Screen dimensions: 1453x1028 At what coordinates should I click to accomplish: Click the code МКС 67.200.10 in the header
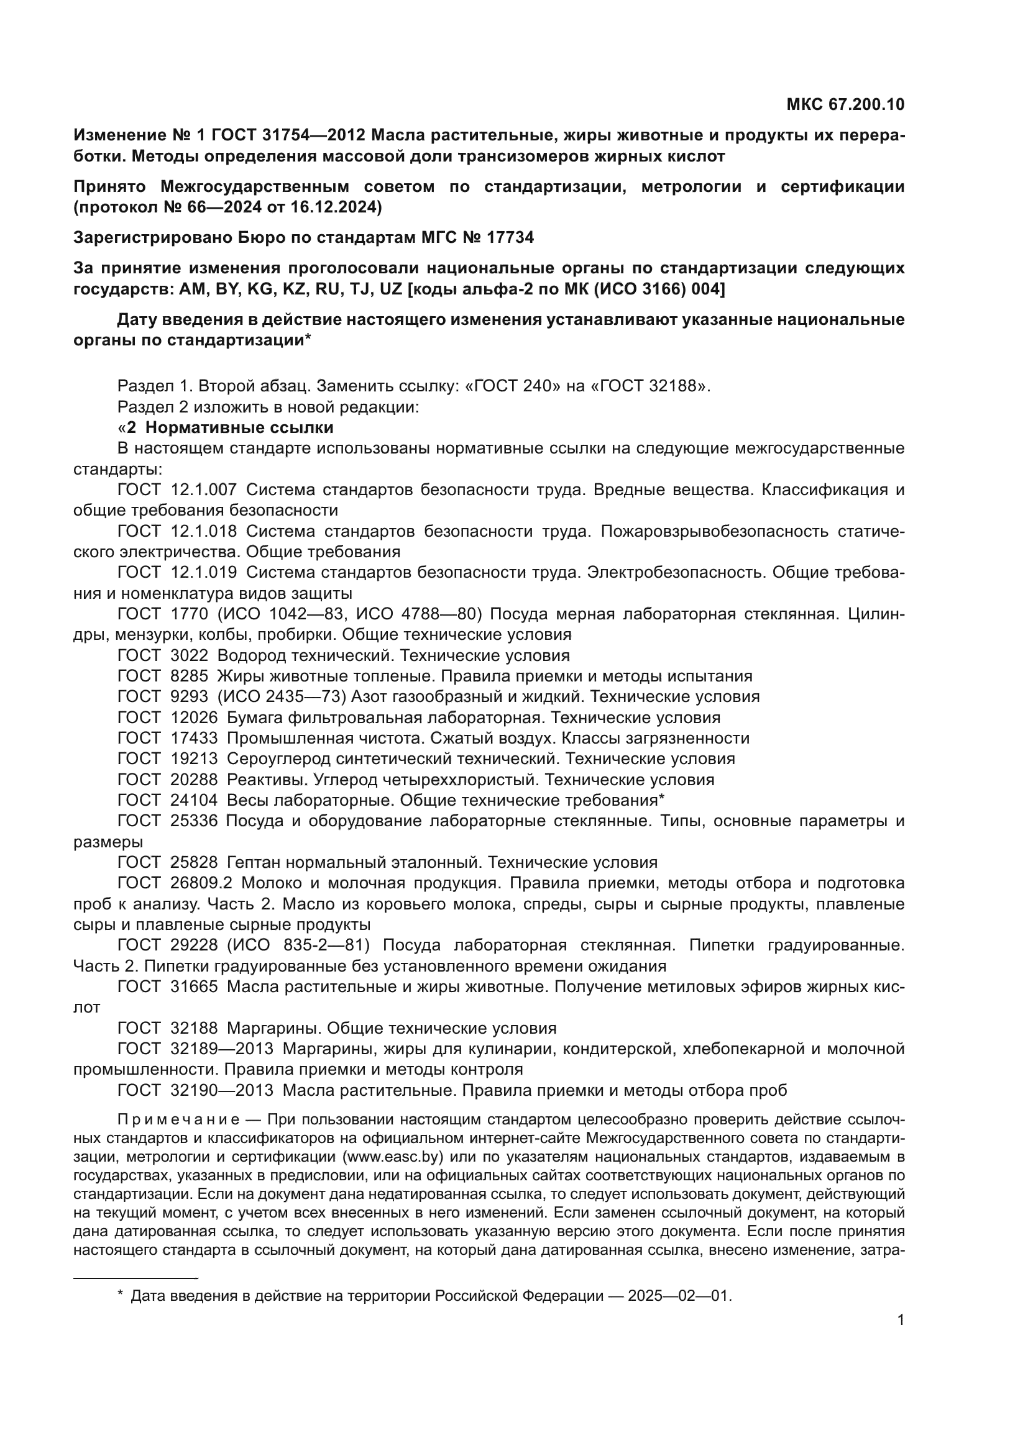tap(845, 104)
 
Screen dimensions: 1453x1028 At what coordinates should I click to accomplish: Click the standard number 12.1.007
tap(204, 489)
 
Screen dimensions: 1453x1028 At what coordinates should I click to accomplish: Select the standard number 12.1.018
tap(204, 531)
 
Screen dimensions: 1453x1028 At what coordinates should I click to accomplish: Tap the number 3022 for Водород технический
tap(189, 655)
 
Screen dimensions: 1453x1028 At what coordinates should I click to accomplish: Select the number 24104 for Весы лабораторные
tap(194, 801)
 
